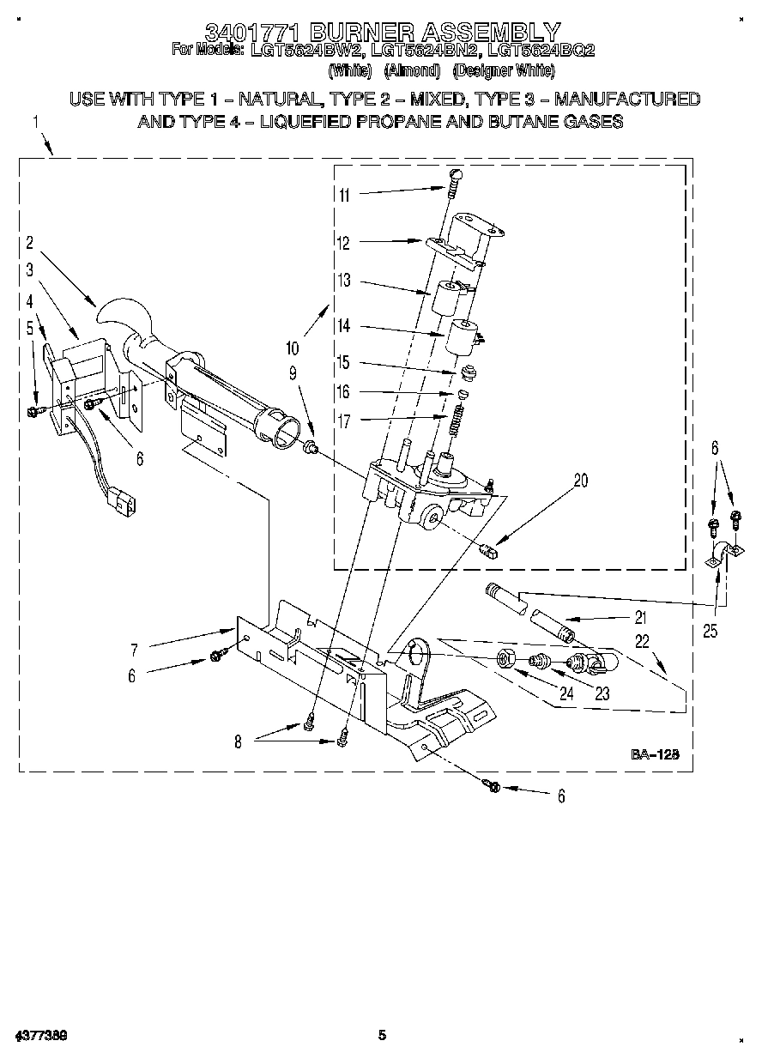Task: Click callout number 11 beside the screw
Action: click(343, 195)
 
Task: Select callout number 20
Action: click(581, 481)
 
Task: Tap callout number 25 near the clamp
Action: click(709, 632)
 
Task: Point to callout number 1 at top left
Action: click(36, 123)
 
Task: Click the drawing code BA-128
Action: click(656, 754)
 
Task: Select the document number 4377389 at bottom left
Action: click(40, 1036)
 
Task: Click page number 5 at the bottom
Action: click(382, 1036)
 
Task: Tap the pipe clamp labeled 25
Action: click(719, 558)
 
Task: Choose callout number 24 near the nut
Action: click(565, 693)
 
